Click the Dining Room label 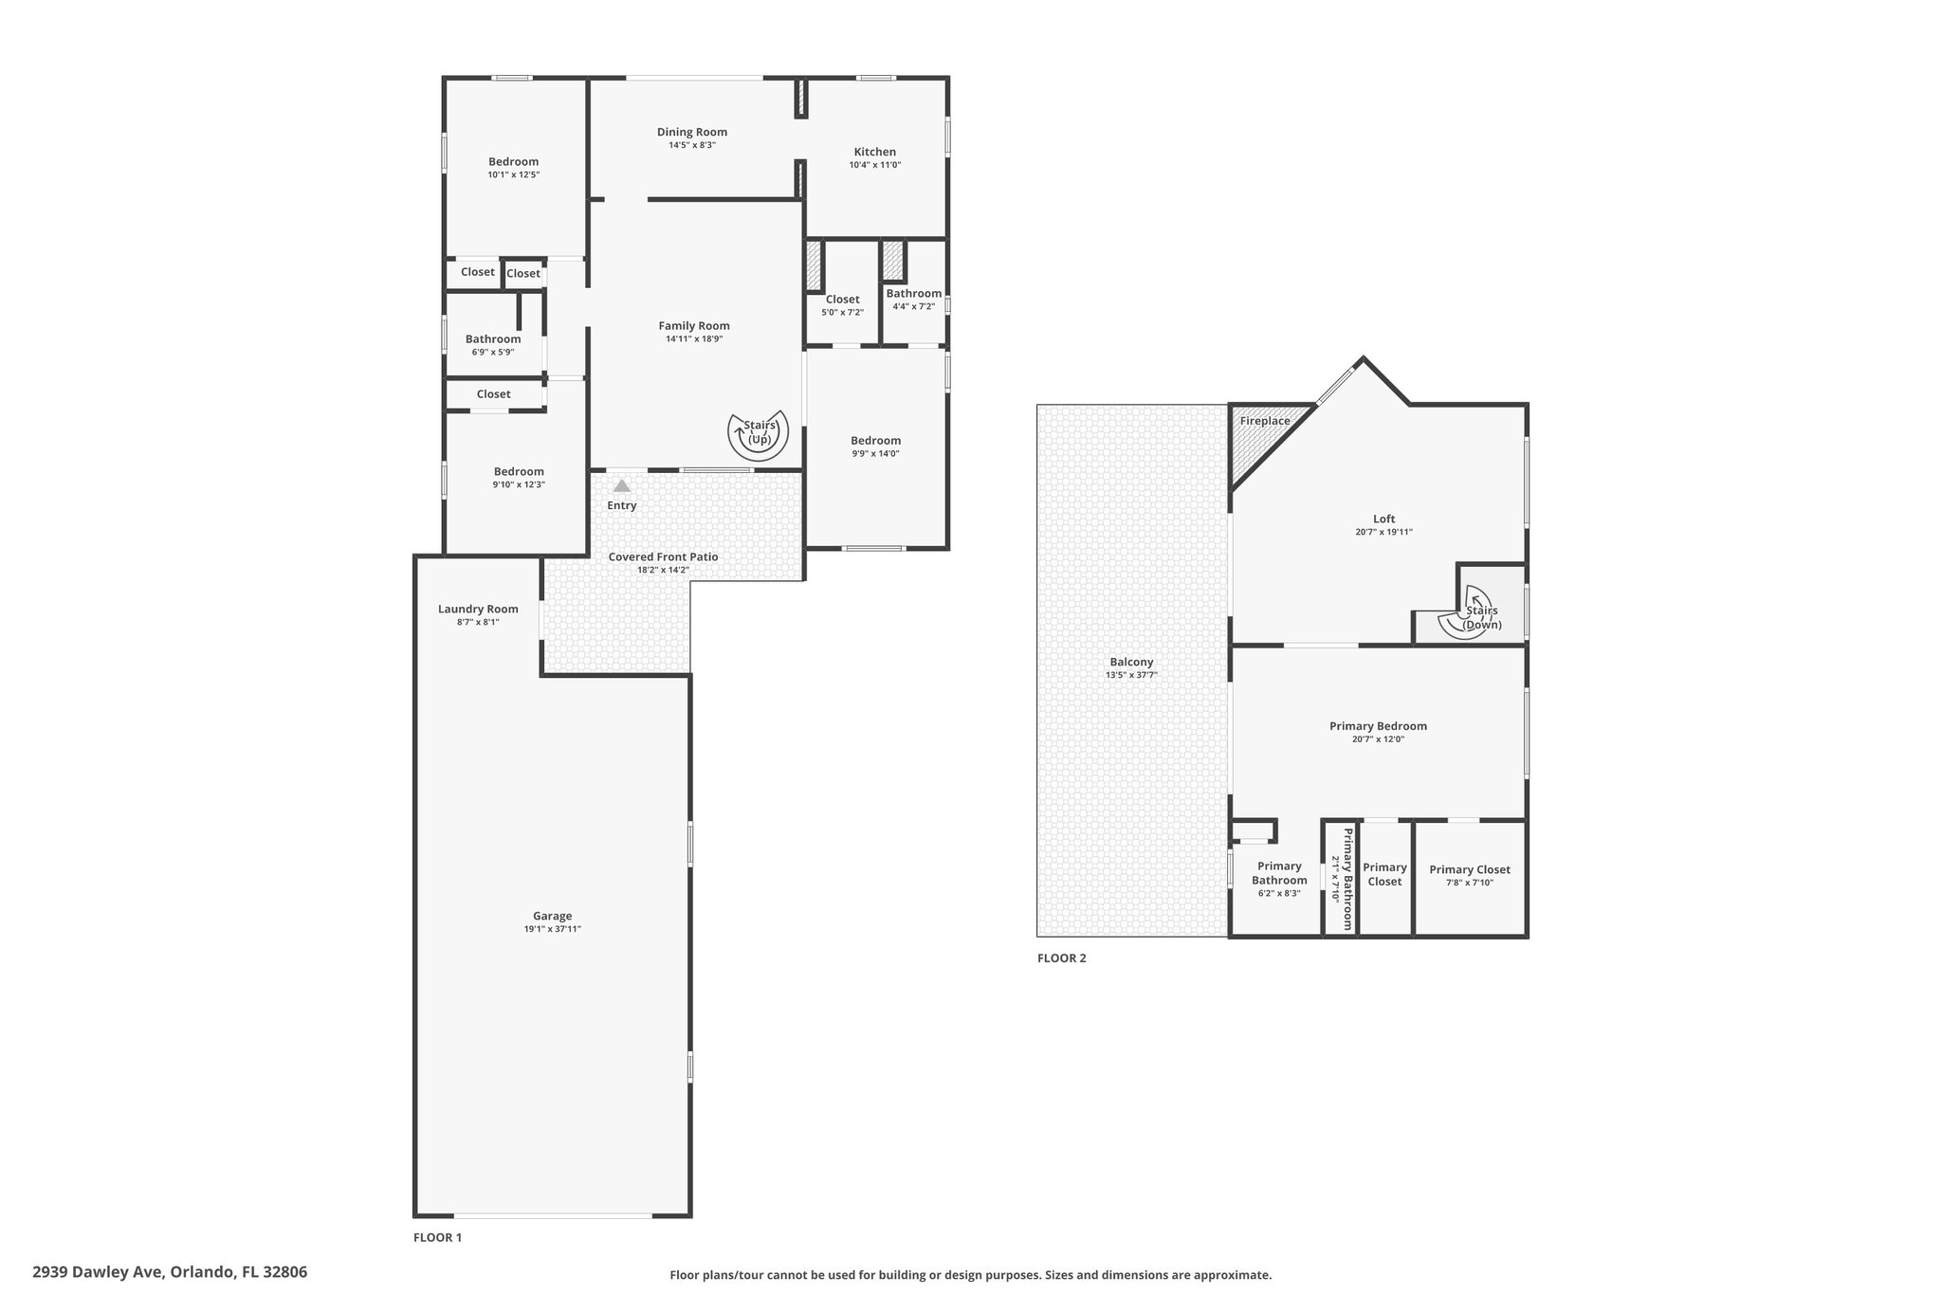coord(692,133)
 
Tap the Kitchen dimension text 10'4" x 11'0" coord(875,165)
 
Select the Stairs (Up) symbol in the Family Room coord(759,434)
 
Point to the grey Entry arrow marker coord(621,485)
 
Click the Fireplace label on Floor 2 coord(1265,421)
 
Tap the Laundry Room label coord(478,610)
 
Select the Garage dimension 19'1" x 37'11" coord(553,929)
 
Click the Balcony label coord(1131,663)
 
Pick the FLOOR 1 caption coord(437,1237)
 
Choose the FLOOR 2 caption coord(1061,958)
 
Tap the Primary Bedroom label coord(1378,726)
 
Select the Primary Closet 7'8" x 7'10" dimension coord(1470,883)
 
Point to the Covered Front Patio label coord(663,556)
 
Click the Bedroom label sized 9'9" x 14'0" coord(875,441)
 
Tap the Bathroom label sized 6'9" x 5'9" coord(493,339)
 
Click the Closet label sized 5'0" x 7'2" coord(842,300)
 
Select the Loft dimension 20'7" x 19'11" coord(1384,532)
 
